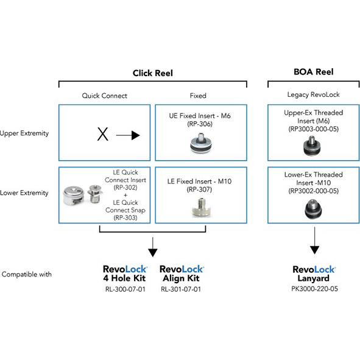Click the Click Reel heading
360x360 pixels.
(153, 73)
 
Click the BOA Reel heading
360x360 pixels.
(313, 72)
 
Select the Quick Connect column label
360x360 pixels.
(104, 96)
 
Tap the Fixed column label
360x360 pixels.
(198, 96)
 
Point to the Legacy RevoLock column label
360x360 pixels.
(313, 94)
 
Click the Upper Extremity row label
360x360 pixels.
(24, 133)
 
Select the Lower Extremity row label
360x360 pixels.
(24, 193)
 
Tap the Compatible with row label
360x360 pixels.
(27, 274)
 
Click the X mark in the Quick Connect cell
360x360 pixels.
(102, 134)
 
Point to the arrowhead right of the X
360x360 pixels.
(135, 135)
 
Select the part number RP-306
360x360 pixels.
(200, 124)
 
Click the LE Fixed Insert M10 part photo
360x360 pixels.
(201, 208)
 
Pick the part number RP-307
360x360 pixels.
(199, 189)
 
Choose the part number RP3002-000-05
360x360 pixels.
(313, 191)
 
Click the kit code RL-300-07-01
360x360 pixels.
(125, 289)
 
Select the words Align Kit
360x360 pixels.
(181, 278)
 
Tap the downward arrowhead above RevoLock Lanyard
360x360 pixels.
(314, 250)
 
